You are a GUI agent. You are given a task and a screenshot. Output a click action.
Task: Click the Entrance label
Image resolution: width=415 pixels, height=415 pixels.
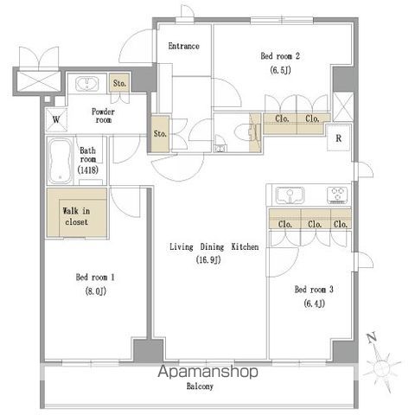click(183, 46)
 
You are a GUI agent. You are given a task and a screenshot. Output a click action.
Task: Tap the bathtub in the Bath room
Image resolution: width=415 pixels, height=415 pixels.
click(60, 161)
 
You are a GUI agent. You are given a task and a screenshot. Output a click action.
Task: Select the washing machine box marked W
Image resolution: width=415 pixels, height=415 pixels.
click(56, 119)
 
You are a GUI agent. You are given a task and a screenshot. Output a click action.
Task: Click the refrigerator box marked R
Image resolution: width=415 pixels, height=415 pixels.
click(339, 138)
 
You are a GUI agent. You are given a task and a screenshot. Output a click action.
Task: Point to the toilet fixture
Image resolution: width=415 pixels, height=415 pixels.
click(246, 132)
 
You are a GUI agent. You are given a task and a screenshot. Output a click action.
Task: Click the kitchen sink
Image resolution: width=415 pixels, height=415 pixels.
click(290, 195)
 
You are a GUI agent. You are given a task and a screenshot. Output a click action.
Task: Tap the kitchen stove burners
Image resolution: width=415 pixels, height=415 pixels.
click(338, 195)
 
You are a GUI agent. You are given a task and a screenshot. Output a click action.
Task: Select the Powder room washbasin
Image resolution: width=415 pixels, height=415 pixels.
click(87, 84)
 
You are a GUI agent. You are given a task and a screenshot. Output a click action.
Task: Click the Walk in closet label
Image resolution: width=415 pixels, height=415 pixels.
click(76, 216)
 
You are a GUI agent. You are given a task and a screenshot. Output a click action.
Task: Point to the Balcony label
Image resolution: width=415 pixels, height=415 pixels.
click(200, 386)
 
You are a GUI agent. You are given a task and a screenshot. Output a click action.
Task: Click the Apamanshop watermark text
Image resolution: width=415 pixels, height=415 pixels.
click(207, 372)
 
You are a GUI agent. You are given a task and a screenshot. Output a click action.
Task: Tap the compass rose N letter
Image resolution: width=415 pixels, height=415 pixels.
click(372, 338)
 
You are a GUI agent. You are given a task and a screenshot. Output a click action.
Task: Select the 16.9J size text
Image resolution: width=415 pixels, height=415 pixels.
click(208, 260)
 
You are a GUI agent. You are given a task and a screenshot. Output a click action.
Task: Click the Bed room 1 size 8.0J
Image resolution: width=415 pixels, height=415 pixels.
click(96, 291)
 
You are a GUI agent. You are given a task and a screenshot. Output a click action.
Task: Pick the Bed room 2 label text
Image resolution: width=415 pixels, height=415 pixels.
click(280, 56)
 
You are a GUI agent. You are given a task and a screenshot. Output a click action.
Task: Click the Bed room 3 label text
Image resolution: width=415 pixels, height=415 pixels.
click(314, 289)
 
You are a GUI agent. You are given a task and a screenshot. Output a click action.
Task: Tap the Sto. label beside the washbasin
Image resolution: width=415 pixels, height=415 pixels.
click(119, 84)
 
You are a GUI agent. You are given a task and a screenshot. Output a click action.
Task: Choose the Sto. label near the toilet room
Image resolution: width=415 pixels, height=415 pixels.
click(160, 134)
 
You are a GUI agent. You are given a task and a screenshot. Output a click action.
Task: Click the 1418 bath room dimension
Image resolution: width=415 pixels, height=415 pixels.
click(88, 169)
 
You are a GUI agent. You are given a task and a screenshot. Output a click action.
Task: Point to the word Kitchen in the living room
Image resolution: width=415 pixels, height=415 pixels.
click(245, 246)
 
